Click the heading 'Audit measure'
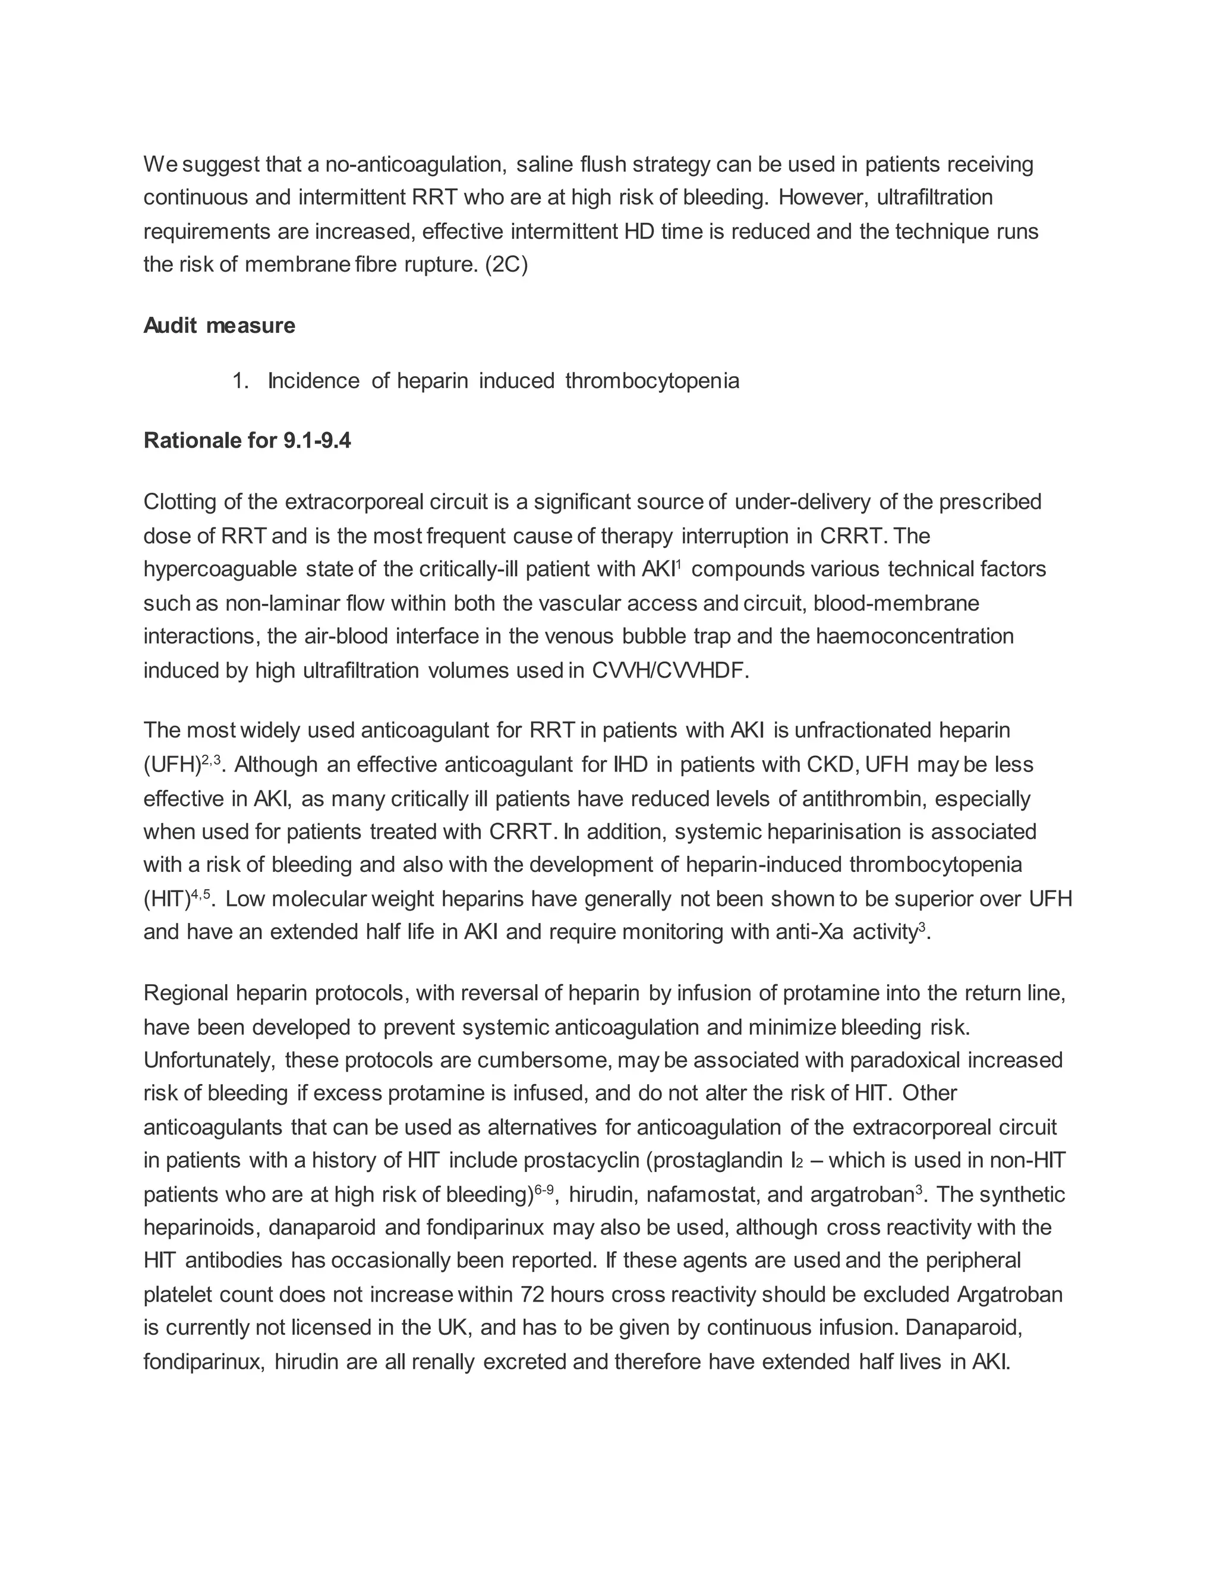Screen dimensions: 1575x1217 point(219,326)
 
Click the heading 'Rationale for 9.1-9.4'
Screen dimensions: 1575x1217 point(247,440)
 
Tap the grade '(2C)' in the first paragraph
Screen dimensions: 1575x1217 point(507,264)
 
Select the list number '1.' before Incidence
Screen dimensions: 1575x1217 point(240,381)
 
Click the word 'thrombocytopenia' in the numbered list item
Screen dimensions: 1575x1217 point(652,381)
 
